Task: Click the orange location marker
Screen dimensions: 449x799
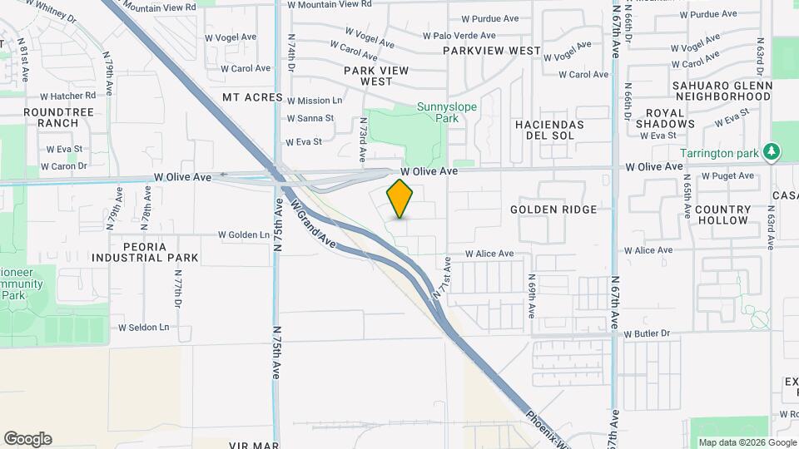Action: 400,198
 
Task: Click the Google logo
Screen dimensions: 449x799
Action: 27,439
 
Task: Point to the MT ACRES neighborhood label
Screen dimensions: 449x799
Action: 253,97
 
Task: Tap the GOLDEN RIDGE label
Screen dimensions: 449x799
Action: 553,210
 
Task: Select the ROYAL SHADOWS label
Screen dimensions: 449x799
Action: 664,118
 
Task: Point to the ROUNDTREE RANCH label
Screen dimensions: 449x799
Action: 51,117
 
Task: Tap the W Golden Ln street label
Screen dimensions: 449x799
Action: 244,234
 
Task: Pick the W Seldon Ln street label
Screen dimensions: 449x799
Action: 143,327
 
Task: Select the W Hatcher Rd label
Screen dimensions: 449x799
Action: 67,96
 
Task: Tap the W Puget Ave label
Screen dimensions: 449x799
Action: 727,175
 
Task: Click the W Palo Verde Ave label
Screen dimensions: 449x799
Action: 459,36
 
